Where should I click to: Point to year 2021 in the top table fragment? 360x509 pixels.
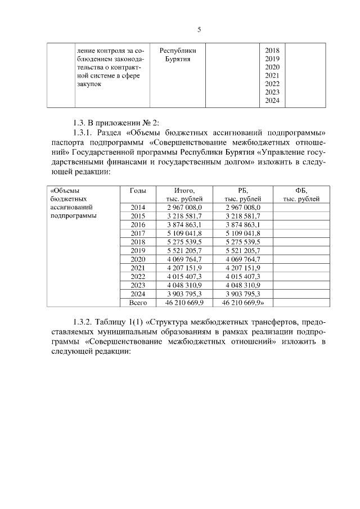272,75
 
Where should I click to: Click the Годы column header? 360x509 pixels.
138,190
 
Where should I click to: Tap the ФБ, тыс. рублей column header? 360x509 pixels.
301,195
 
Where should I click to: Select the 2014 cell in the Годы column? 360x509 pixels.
138,208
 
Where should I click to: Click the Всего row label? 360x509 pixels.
138,302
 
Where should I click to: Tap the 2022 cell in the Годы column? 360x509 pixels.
138,276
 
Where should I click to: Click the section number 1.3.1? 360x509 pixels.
84,133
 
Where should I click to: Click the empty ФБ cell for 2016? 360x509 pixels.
301,224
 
